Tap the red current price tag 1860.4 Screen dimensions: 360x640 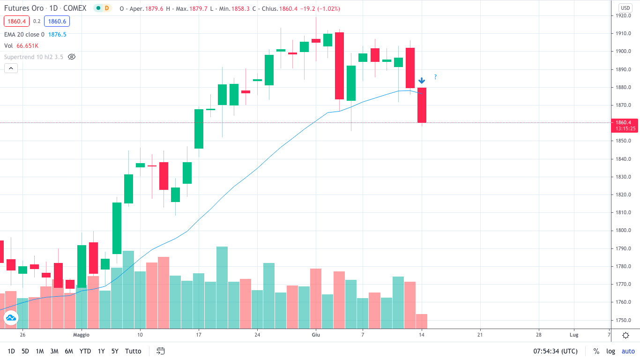click(x=625, y=122)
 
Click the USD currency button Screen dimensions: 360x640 click(x=625, y=8)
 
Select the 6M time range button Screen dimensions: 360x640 click(x=69, y=351)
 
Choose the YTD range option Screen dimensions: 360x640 click(x=85, y=351)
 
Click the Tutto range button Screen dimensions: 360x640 click(x=133, y=351)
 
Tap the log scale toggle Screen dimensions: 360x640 click(x=610, y=351)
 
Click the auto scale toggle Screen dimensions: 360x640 click(x=628, y=351)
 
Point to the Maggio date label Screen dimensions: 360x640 click(x=81, y=335)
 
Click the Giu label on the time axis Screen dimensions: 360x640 click(x=316, y=335)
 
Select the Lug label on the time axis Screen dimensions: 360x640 click(x=574, y=335)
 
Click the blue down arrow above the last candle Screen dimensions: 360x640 click(x=422, y=81)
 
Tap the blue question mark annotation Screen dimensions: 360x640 click(x=435, y=77)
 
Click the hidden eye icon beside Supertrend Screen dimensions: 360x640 click(x=72, y=57)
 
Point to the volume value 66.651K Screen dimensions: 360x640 click(x=27, y=45)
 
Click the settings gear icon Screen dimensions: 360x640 click(x=625, y=335)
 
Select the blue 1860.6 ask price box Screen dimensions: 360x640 click(x=57, y=21)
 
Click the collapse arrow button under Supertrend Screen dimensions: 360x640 click(x=11, y=68)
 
